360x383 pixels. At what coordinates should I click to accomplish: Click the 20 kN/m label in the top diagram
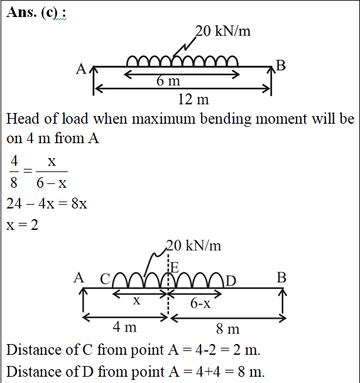[223, 31]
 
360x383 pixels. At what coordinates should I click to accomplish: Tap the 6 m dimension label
[168, 80]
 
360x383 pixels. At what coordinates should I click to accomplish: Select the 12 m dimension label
[194, 99]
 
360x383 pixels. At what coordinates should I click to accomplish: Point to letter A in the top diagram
[81, 69]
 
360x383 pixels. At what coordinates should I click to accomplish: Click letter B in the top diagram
[281, 65]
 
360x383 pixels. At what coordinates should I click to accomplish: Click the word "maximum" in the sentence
[163, 119]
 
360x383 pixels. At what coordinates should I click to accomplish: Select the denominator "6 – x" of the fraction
[52, 183]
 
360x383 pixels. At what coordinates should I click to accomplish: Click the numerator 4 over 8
[14, 161]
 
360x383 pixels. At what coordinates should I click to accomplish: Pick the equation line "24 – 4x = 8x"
[46, 203]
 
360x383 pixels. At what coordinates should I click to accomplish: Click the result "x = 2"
[22, 225]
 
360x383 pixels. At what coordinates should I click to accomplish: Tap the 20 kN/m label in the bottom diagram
[194, 245]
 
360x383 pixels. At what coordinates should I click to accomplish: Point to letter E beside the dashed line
[175, 267]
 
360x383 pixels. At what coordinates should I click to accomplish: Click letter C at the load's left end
[105, 279]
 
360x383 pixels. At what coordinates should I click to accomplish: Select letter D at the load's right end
[231, 281]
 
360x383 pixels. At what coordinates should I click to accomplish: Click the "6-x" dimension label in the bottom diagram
[200, 303]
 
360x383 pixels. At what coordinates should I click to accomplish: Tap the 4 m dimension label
[124, 327]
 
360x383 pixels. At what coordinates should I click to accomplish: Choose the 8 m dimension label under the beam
[228, 329]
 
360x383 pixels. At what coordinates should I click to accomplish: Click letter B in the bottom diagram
[281, 278]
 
